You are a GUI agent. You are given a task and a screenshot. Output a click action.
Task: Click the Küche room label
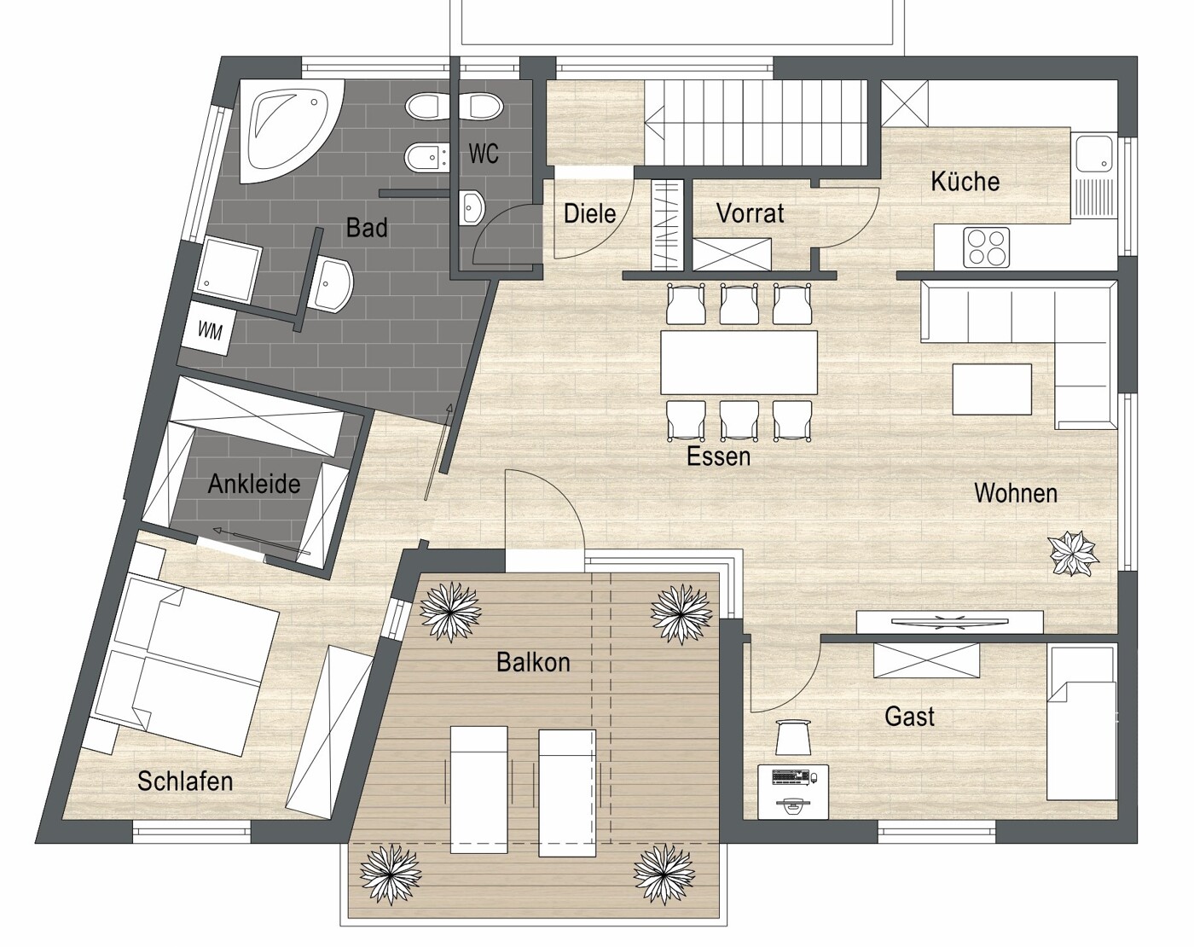[x=965, y=182]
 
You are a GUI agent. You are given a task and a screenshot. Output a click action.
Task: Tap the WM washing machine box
[x=210, y=330]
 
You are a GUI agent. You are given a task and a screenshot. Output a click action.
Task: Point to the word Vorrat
[x=750, y=213]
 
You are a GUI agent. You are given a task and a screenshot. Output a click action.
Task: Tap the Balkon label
[x=533, y=662]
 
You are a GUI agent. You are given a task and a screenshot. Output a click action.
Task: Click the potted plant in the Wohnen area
[x=1073, y=554]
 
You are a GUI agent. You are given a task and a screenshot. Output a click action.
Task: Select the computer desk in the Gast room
[x=793, y=791]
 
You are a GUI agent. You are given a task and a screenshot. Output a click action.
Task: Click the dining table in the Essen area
[x=739, y=363]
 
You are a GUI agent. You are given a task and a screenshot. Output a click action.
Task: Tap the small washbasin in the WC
[x=472, y=207]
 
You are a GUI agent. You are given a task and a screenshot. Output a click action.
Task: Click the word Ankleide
[x=254, y=484]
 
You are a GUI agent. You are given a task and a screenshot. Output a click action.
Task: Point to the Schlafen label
[x=185, y=781]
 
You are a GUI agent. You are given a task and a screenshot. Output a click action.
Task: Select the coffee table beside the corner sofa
[x=992, y=389]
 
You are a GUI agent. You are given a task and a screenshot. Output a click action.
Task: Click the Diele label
[x=589, y=213]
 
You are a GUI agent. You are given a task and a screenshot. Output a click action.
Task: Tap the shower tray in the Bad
[x=229, y=270]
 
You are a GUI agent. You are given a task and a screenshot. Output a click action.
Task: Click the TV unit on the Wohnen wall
[x=950, y=622]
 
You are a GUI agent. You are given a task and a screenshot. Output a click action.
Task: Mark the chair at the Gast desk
[x=793, y=736]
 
